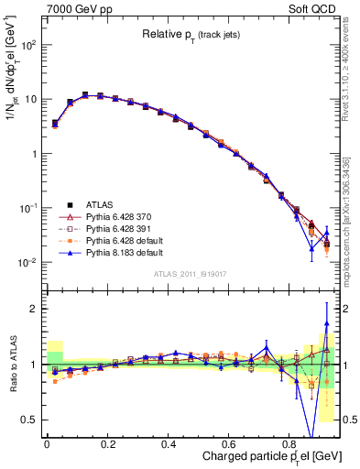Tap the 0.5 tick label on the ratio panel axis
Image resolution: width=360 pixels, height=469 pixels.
[x=32, y=420]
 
